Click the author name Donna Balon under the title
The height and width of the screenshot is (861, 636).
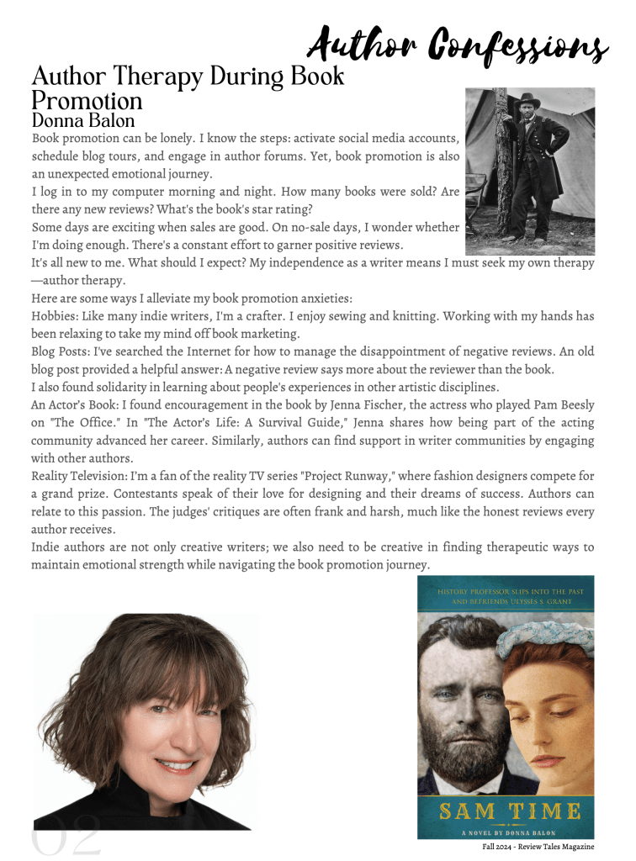(82, 121)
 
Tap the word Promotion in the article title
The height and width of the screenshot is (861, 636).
(87, 102)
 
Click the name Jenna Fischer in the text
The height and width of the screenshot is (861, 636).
(365, 404)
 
